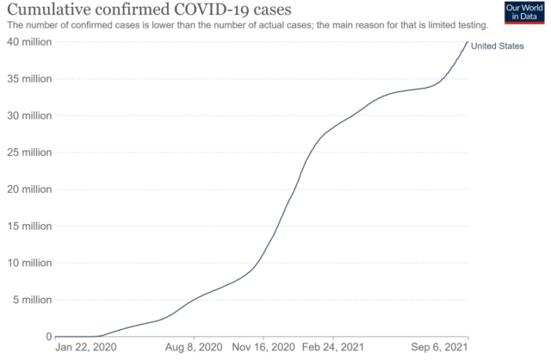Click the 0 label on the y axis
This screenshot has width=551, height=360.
pyautogui.click(x=48, y=336)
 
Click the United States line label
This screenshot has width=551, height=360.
pyautogui.click(x=497, y=46)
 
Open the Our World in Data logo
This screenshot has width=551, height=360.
pyautogui.click(x=525, y=13)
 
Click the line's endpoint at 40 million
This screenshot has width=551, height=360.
pyautogui.click(x=468, y=42)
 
